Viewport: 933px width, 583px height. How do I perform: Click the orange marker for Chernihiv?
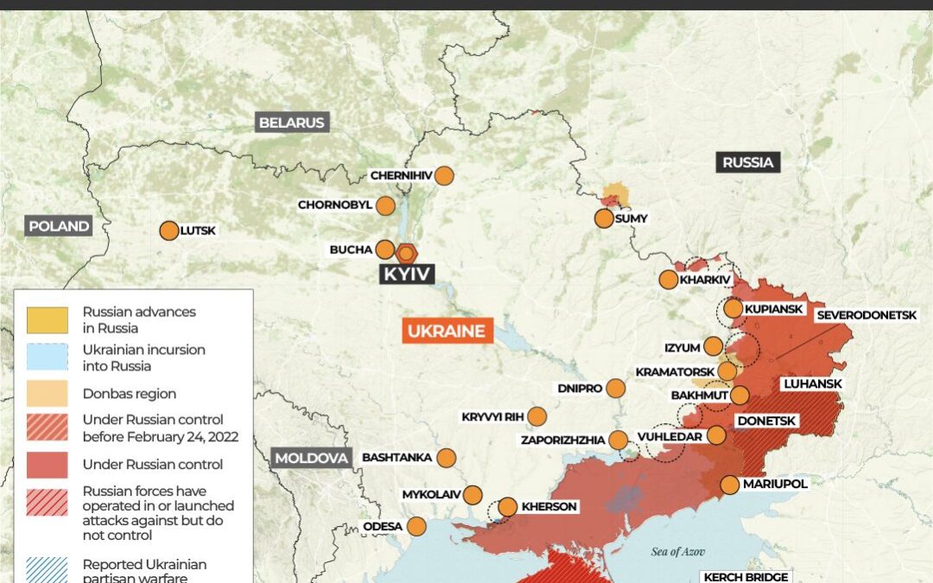(444, 175)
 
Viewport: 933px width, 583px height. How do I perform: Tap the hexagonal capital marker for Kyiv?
(407, 253)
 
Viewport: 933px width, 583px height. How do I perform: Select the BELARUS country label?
(292, 123)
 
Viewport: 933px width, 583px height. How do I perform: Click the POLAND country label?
(59, 226)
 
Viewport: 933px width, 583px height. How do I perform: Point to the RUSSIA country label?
(748, 162)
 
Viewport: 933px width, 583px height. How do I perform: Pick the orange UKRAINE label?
(447, 332)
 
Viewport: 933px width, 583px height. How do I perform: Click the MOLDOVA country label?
(312, 458)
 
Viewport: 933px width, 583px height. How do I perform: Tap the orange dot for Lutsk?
(169, 231)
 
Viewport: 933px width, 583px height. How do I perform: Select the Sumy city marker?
(604, 219)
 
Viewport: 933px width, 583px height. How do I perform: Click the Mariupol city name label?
(775, 484)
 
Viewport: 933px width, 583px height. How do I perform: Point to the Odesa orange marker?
(416, 526)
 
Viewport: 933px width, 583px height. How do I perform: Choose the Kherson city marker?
(507, 507)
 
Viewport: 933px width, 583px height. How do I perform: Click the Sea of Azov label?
(682, 551)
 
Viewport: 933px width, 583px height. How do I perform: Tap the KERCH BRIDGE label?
(746, 577)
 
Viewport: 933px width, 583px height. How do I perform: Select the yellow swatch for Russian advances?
(47, 320)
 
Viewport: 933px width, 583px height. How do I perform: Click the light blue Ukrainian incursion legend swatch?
(47, 358)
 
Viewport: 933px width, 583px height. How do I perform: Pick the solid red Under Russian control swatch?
(47, 465)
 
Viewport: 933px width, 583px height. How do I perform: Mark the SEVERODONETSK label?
(866, 315)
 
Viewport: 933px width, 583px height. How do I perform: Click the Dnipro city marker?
(615, 389)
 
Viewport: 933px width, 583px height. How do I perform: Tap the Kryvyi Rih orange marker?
(536, 416)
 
